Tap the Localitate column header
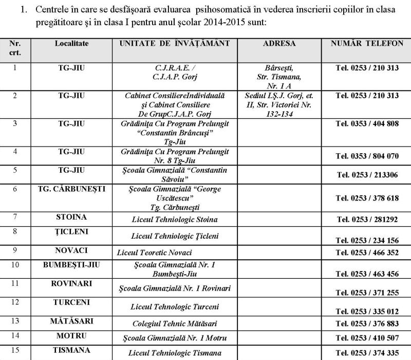(71, 44)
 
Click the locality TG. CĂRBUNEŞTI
(71, 189)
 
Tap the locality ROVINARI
(71, 283)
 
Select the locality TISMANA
(71, 353)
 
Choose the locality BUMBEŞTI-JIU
(71, 264)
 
